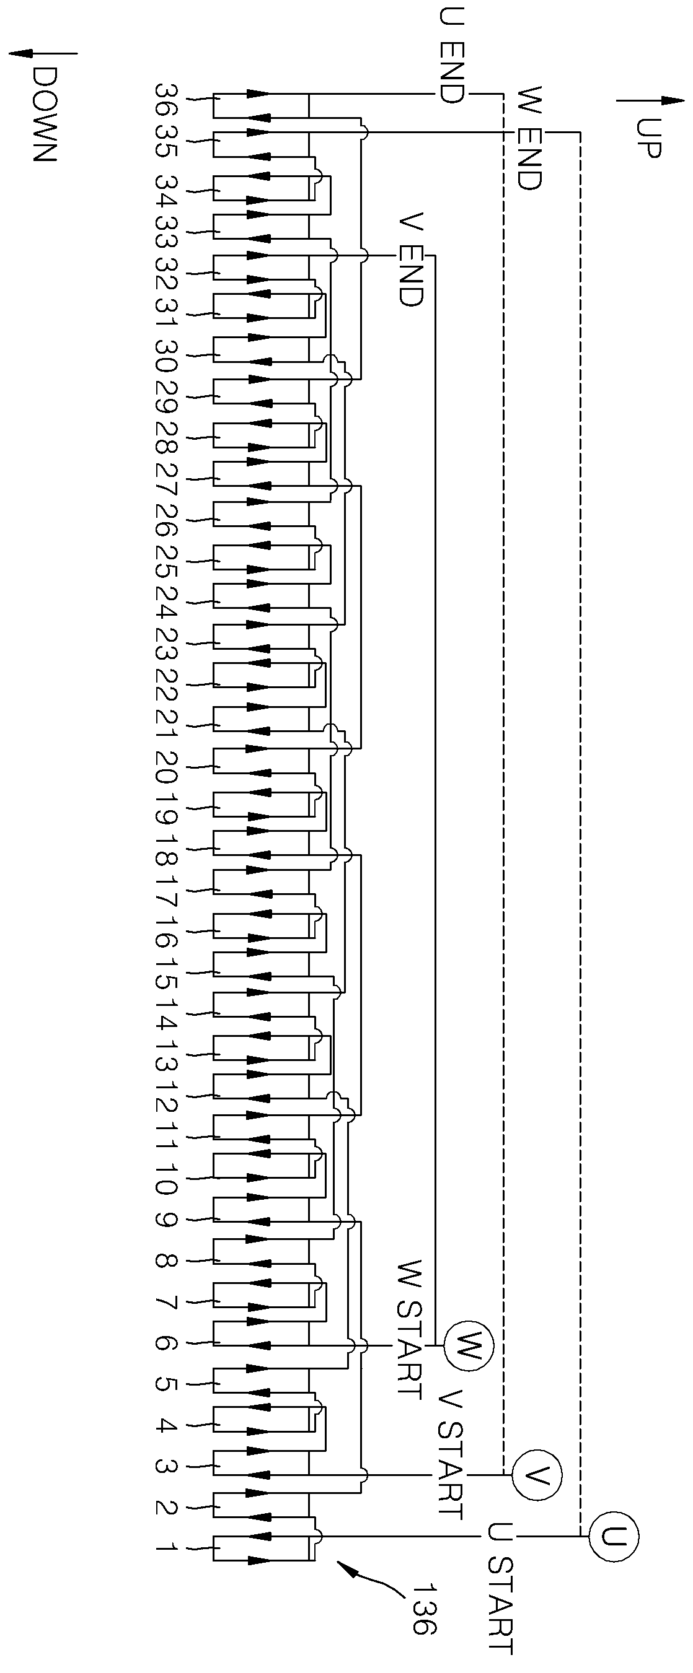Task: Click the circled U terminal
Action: point(614,1537)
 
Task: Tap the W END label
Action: point(529,138)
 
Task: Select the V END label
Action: point(411,259)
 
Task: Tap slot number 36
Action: point(166,98)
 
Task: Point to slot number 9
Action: point(166,1220)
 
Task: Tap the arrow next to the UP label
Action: point(650,101)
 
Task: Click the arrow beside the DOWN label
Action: point(42,54)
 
